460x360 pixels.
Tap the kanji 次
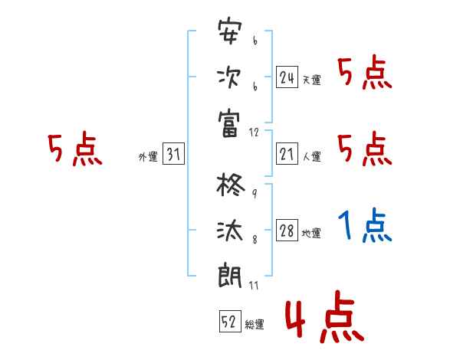pos(230,77)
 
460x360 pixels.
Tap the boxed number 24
pos(287,77)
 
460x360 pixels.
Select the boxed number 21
pos(287,155)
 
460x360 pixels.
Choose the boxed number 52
pos(229,322)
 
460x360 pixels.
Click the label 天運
pos(311,80)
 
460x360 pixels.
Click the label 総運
pos(255,325)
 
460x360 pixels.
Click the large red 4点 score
pos(322,319)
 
